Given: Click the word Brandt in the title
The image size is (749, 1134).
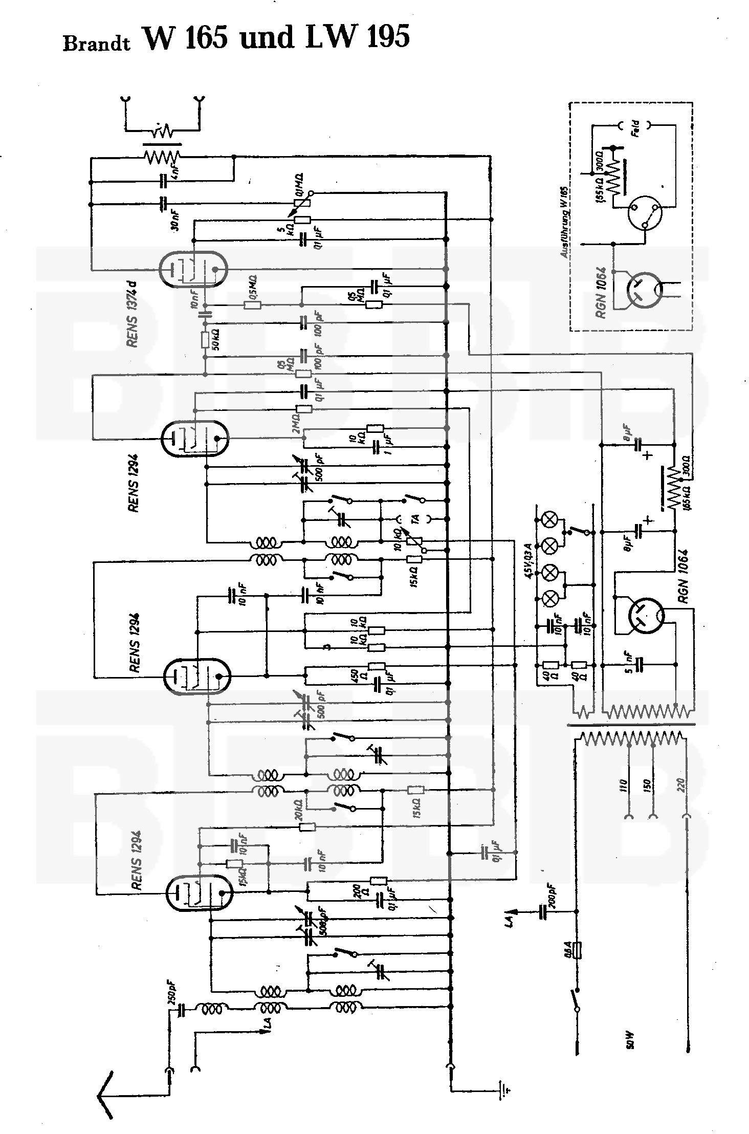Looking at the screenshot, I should tap(96, 43).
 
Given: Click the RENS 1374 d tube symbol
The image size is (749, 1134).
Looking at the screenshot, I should tap(192, 269).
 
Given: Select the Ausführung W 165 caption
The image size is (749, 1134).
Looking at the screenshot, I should tap(565, 222).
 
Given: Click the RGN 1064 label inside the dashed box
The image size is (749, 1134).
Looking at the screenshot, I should tap(601, 292).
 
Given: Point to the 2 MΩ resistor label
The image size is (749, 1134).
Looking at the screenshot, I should tap(295, 424).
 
